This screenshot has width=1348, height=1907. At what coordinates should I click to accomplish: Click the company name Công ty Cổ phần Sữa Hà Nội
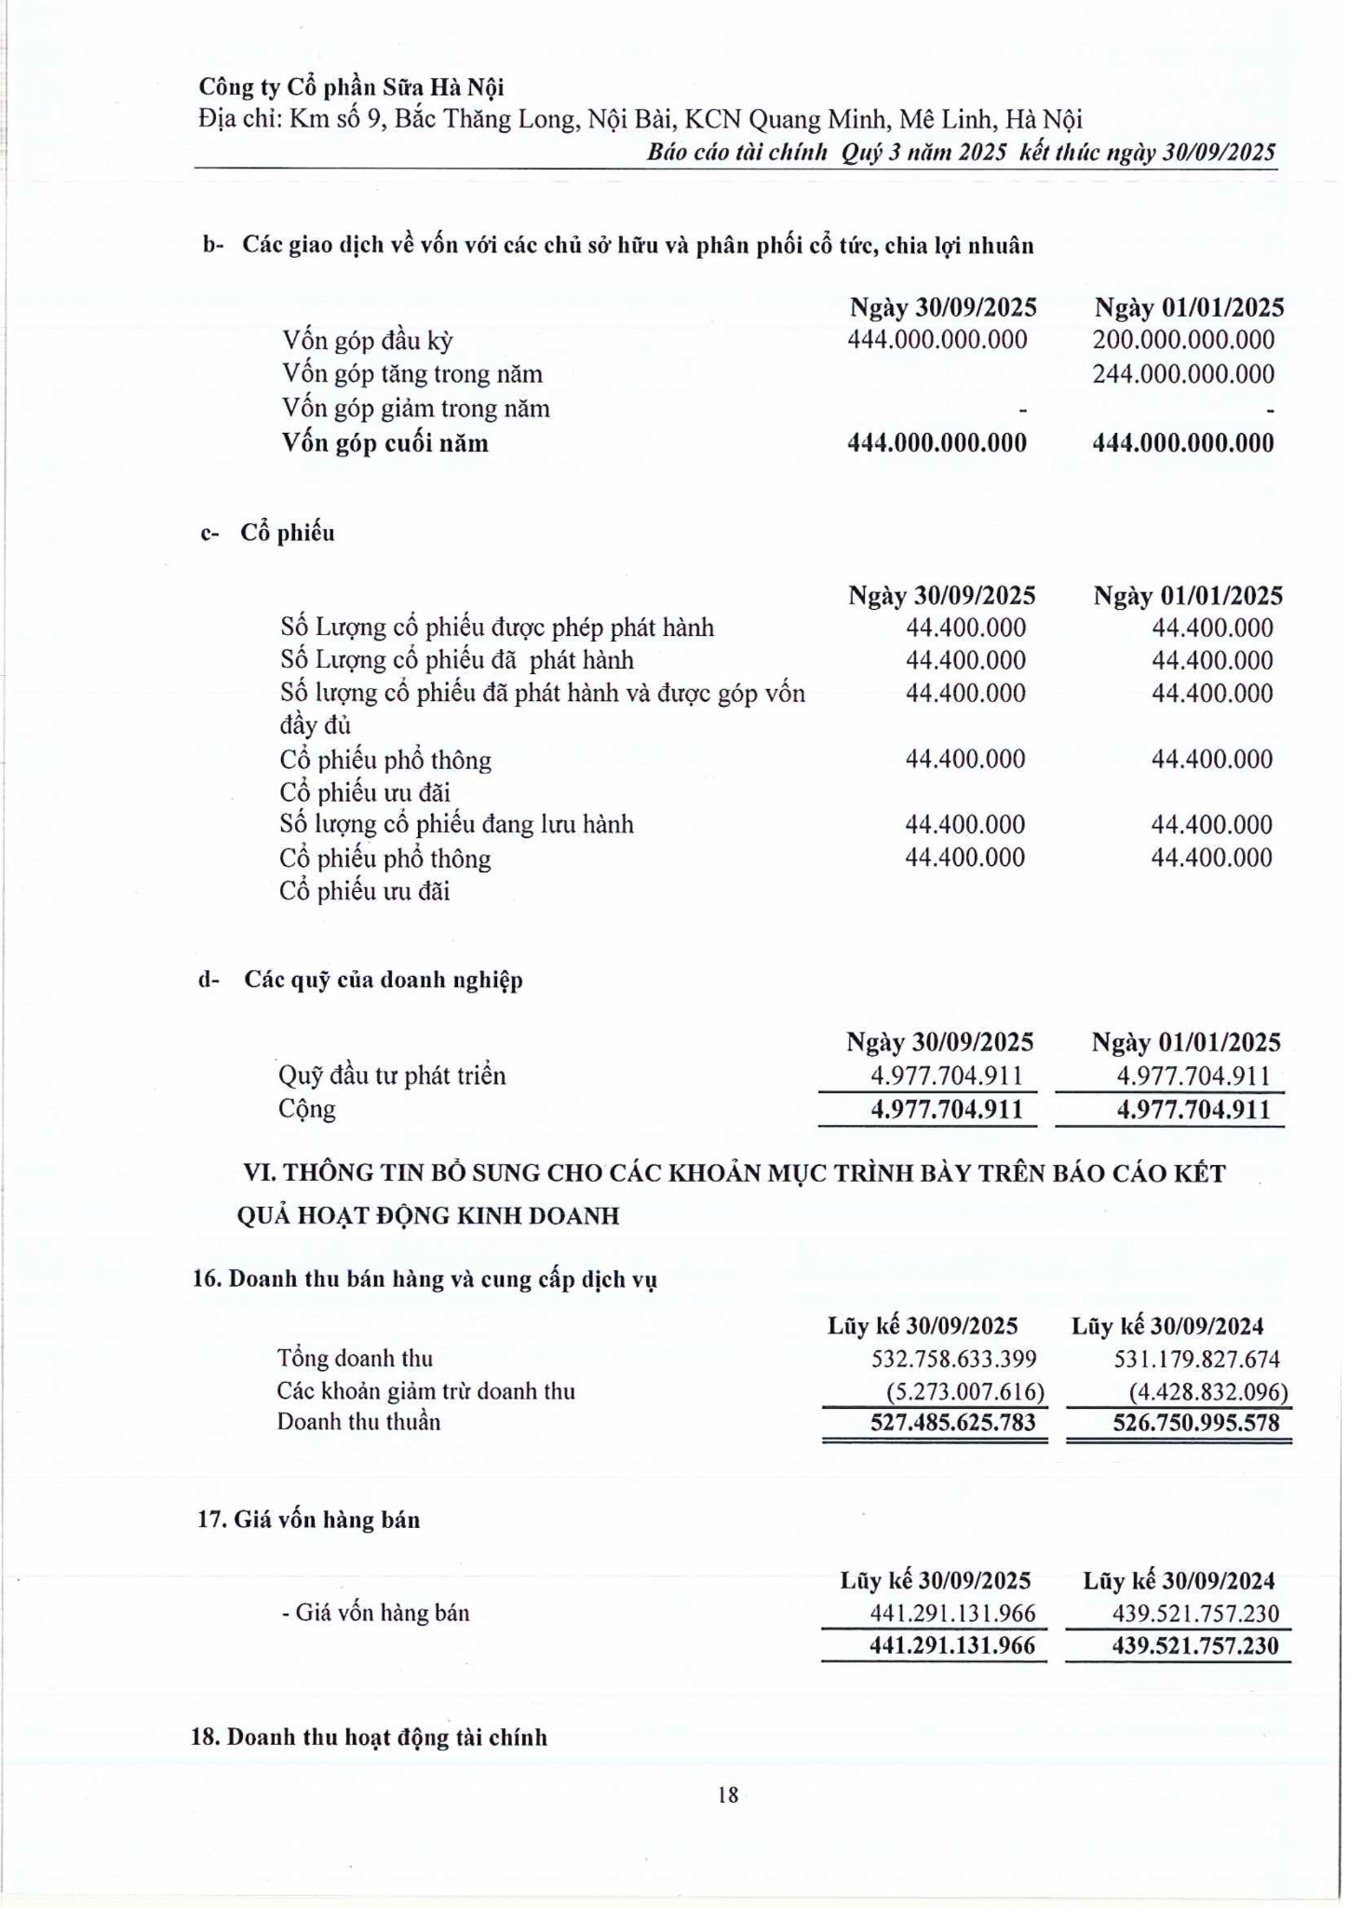click(x=351, y=88)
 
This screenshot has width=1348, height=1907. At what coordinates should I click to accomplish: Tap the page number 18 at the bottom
click(x=728, y=1794)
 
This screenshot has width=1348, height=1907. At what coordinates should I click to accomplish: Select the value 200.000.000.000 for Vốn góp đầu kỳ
click(x=1183, y=340)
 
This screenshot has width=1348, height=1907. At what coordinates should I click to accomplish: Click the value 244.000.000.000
click(x=1183, y=374)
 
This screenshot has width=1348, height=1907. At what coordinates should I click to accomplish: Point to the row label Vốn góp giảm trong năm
click(x=416, y=409)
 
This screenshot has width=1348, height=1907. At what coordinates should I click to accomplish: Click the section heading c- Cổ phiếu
click(x=268, y=534)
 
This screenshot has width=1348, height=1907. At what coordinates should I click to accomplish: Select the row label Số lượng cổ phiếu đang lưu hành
click(x=456, y=825)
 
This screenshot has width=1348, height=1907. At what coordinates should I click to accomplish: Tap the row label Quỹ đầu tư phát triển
click(x=392, y=1076)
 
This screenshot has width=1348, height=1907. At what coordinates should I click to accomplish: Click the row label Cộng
click(x=306, y=1110)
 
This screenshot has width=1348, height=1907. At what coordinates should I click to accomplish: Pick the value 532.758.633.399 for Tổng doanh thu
click(x=953, y=1359)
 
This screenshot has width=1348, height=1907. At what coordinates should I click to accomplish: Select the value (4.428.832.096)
click(x=1208, y=1392)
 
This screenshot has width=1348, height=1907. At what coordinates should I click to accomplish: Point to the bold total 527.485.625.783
click(x=952, y=1423)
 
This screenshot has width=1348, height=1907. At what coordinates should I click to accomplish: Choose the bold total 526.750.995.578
click(x=1196, y=1423)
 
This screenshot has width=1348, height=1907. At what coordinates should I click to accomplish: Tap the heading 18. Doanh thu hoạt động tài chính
click(x=370, y=1738)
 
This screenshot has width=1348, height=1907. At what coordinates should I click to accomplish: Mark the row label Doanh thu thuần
click(x=358, y=1422)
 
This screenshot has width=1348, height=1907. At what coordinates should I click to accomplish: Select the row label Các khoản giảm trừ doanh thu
click(x=425, y=1391)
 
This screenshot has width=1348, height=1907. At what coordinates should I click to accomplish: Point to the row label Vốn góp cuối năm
click(x=385, y=443)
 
